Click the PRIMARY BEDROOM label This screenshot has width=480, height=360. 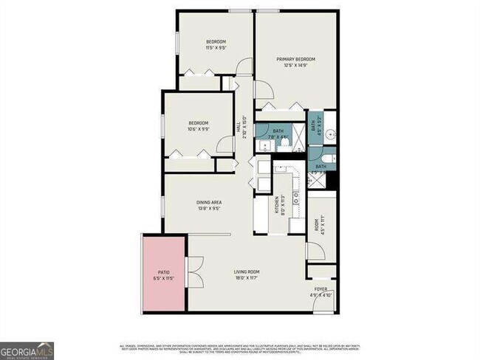pos(295,59)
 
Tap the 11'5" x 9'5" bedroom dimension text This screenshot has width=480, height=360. pos(216,48)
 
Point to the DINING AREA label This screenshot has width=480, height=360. pos(209,202)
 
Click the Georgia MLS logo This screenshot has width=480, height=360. pos(27,350)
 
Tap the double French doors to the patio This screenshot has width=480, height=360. pos(195,273)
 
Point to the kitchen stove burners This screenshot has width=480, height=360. pos(296,197)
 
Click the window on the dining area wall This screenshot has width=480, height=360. pos(163,207)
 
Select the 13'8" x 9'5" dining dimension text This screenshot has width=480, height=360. pos(209,208)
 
